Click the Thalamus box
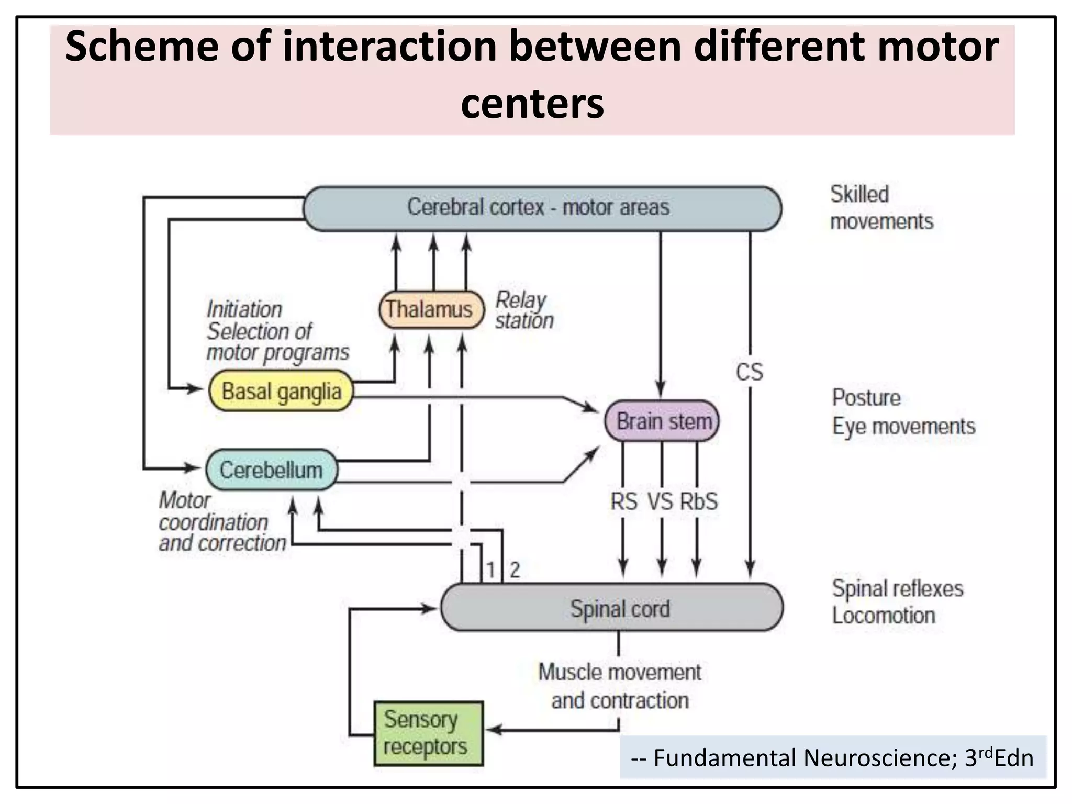pos(431,309)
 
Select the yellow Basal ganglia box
pos(281,391)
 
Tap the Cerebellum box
pos(271,470)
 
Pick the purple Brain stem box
pos(663,421)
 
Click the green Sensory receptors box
pos(428,733)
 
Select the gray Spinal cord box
pos(612,608)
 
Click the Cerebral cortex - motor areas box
pos(542,208)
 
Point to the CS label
pos(749,372)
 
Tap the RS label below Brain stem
pos(623,501)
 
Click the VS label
pos(660,501)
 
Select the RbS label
pos(699,501)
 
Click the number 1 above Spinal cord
pos(490,569)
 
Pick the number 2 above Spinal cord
pos(515,569)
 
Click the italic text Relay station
pos(523,310)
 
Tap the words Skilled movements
pos(881,208)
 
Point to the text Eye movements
pos(903,426)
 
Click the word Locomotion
pos(884,616)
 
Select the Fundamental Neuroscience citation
pos(832,757)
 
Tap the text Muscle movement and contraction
pos(620,686)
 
